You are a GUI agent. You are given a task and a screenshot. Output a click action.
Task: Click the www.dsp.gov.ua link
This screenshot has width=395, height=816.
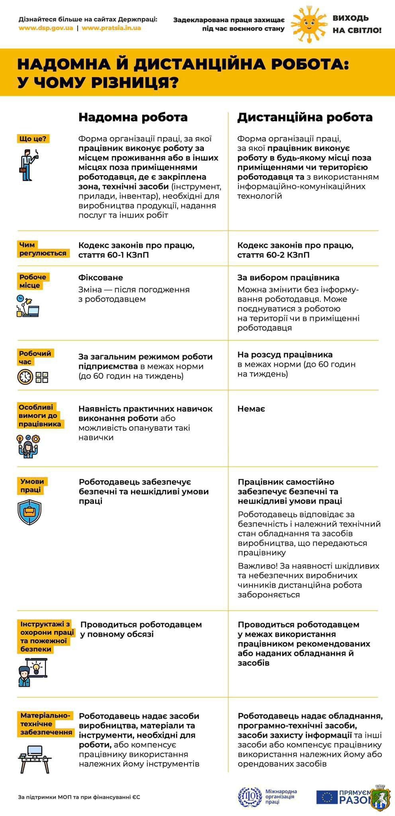click(x=45, y=28)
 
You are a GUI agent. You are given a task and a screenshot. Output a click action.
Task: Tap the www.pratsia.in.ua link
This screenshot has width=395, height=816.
click(x=111, y=28)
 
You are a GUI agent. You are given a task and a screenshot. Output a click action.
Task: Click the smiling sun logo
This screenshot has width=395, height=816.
click(x=310, y=24)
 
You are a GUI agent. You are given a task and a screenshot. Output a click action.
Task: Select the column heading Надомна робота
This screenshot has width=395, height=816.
click(x=133, y=117)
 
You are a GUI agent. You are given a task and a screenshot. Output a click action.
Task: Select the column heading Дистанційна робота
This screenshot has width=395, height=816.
click(x=305, y=117)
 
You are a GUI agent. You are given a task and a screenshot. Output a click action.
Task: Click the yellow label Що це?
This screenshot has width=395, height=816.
click(x=33, y=139)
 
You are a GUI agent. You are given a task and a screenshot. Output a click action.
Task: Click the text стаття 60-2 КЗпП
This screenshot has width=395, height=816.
click(x=273, y=255)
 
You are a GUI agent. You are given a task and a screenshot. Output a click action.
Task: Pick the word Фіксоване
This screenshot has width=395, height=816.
click(x=101, y=278)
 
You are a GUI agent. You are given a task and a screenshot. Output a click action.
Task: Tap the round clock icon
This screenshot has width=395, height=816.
click(x=25, y=377)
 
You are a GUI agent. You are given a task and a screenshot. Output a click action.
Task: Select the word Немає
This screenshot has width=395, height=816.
click(x=251, y=409)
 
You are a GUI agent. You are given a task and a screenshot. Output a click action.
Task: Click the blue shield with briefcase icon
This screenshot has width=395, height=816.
click(x=29, y=512)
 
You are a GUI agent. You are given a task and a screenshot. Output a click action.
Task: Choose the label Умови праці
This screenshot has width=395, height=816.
click(x=32, y=485)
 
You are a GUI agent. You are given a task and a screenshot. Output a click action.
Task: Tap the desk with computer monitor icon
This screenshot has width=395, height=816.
click(x=35, y=759)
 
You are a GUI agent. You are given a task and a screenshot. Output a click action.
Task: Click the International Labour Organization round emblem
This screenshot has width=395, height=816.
click(x=250, y=797)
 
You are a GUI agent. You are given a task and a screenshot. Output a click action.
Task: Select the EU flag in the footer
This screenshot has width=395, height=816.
click(x=327, y=797)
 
